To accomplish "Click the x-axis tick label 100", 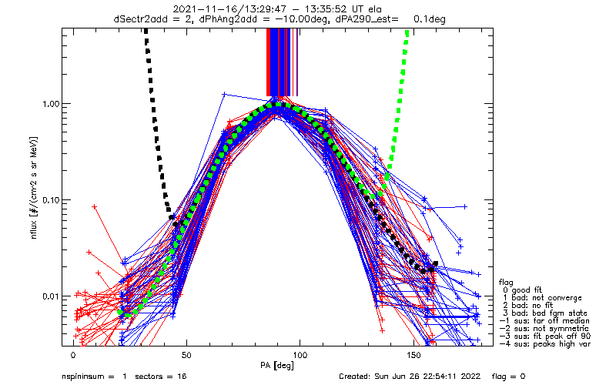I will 300,356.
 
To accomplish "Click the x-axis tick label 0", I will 73,356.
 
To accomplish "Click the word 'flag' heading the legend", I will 507,282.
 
